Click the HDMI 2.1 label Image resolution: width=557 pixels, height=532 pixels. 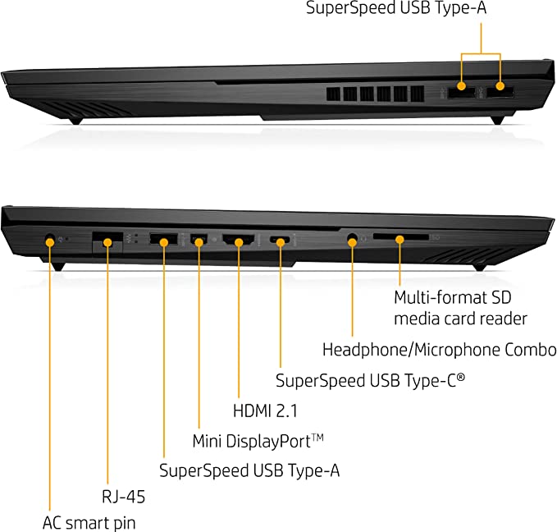coord(265,410)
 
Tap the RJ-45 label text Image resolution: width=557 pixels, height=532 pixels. coord(123,497)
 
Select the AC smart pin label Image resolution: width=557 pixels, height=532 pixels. coord(89,523)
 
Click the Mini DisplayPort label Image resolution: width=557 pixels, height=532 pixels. coord(258,441)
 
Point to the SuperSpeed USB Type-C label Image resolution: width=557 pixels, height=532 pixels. coord(370,380)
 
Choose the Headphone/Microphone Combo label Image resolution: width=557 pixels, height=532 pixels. coord(440,350)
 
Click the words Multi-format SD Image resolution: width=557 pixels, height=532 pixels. coord(453,297)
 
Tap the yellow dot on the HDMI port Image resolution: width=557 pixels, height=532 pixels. coord(239,243)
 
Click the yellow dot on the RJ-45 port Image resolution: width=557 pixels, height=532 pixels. coord(107,243)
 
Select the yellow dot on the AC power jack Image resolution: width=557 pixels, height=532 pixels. coord(50,242)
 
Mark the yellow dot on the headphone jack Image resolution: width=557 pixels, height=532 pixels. coord(352,243)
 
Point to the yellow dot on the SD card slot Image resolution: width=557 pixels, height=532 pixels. coord(400,240)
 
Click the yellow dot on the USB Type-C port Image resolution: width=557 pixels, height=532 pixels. coord(281,243)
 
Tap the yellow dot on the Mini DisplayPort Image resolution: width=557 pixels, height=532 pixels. coord(199,243)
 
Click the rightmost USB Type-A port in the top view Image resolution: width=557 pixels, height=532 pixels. coord(500,93)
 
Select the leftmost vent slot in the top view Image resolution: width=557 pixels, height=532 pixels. coord(334,94)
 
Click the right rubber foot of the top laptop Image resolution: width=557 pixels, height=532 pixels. coord(497,120)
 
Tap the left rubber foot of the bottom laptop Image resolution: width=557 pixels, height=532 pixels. coord(57,266)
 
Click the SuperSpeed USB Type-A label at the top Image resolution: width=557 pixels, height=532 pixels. coord(396,8)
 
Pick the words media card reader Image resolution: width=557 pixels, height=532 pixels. coord(460,319)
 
